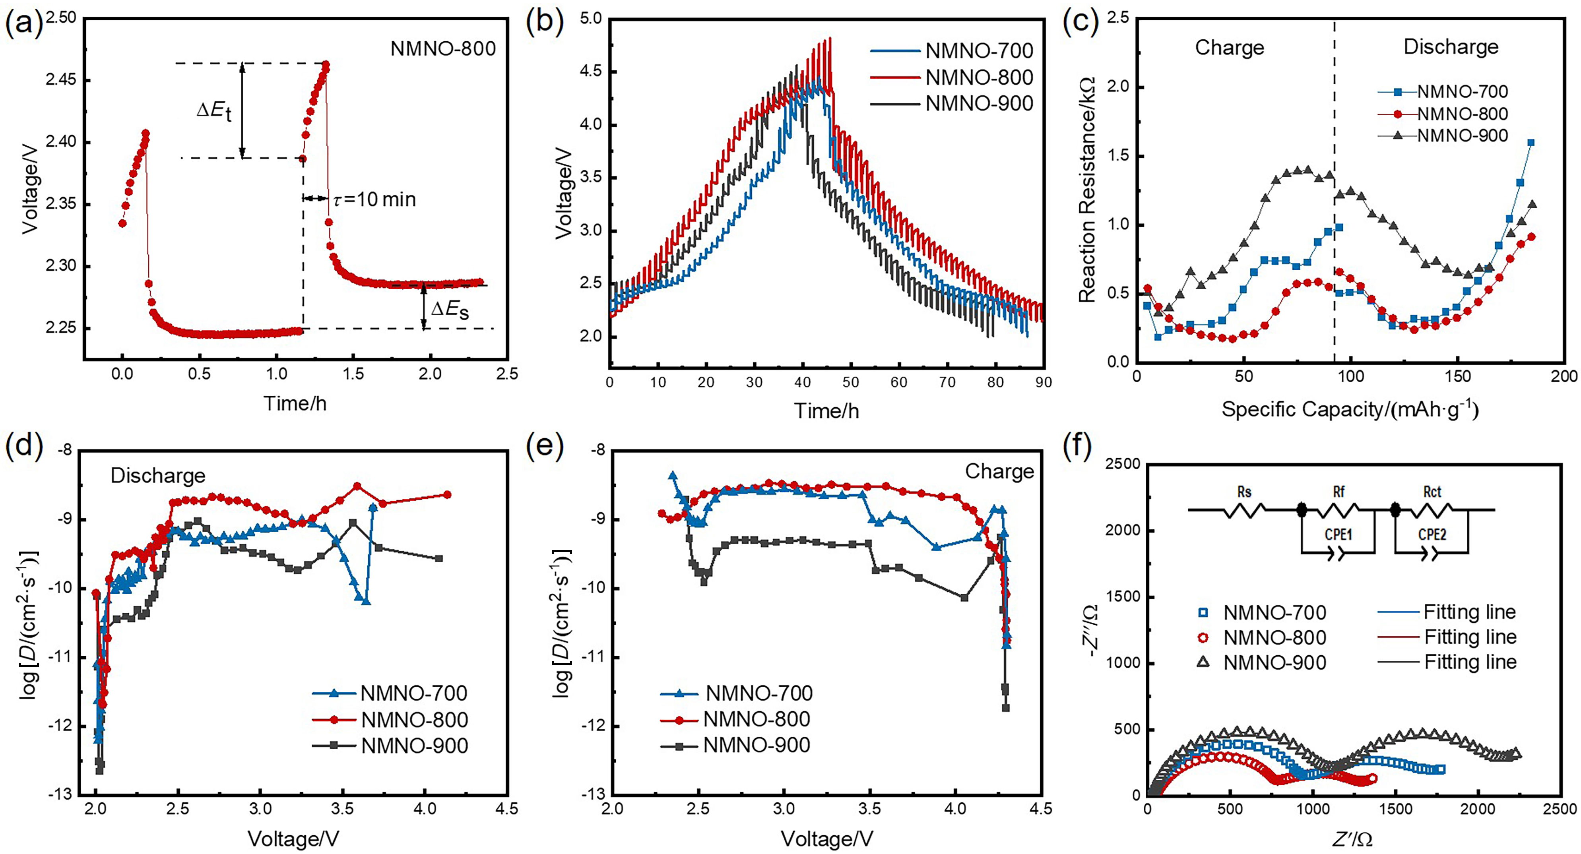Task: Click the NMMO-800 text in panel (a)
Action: (x=442, y=48)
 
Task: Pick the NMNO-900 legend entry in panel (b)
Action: (x=979, y=104)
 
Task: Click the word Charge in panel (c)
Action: (x=1229, y=47)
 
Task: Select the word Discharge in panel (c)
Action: (x=1451, y=46)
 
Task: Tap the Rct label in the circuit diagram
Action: (x=1432, y=492)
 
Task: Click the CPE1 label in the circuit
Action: (x=1339, y=534)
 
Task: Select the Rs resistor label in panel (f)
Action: (x=1244, y=492)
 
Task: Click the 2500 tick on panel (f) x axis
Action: (x=1560, y=809)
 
